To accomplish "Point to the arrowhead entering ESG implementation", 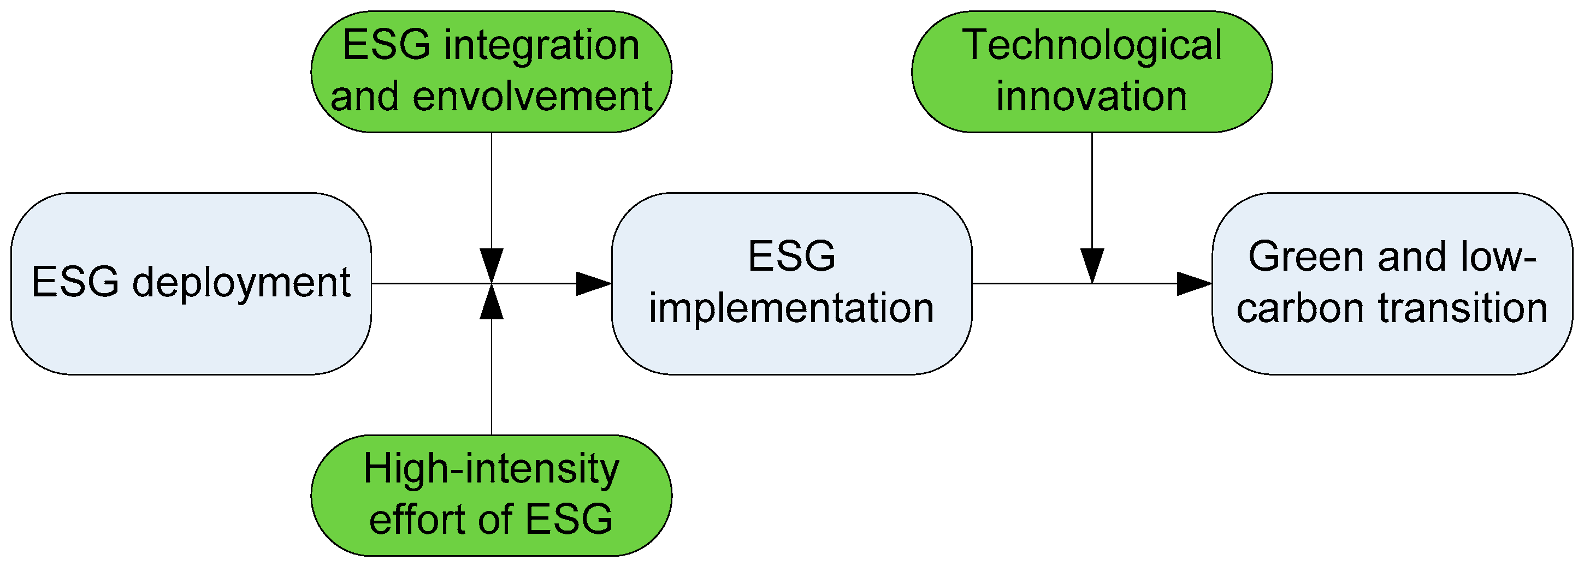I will click(593, 283).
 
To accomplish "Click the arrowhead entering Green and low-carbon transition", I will click(1193, 283).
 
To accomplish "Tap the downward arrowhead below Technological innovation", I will click(1092, 265).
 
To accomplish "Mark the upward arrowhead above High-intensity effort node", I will click(491, 302).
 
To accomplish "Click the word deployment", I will click(241, 283).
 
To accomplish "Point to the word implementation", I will click(791, 308).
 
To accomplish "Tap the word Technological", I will click(1091, 45).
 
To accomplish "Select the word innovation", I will click(1091, 97).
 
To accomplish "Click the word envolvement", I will click(532, 97).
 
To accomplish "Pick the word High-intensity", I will click(490, 469).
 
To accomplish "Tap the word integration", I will click(541, 45).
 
